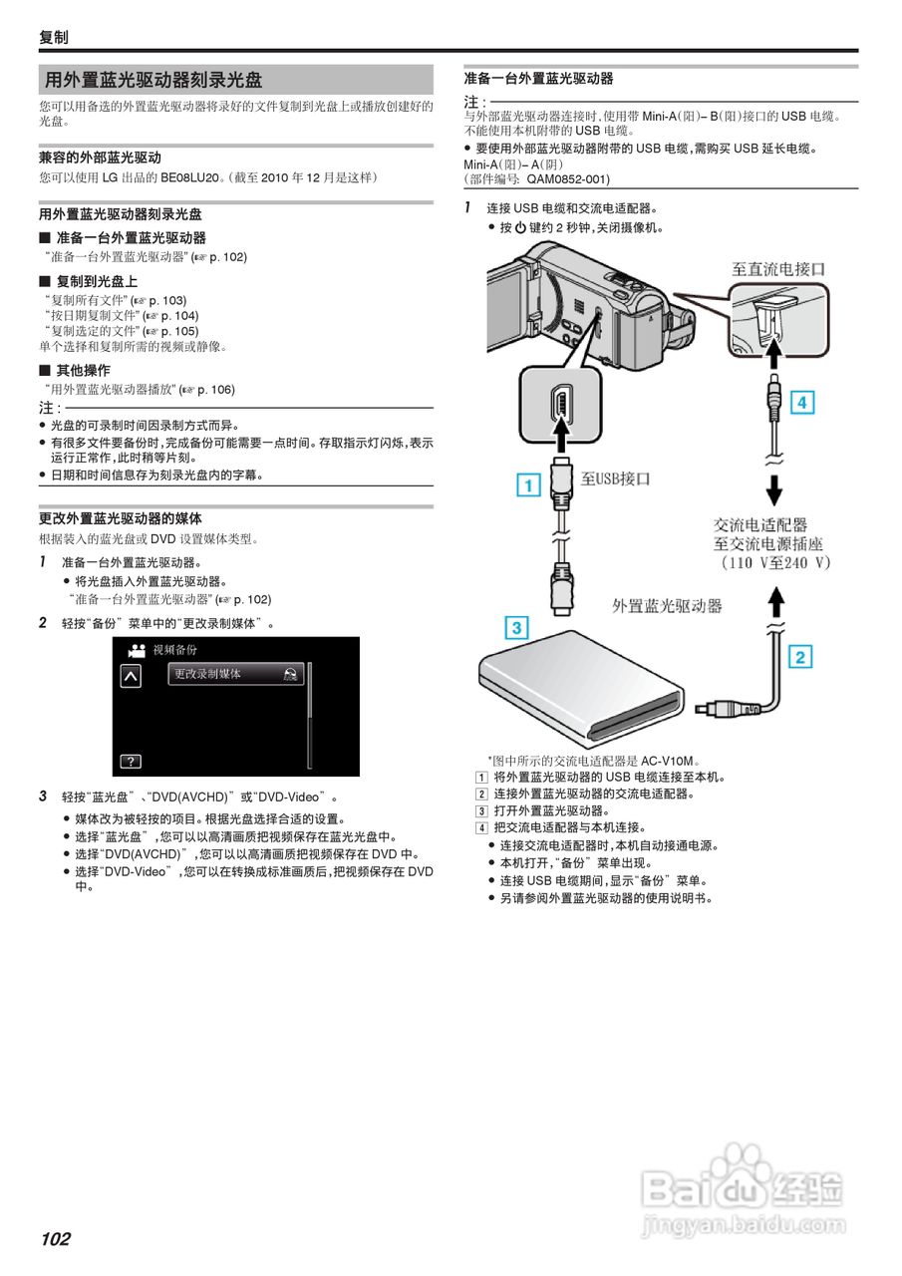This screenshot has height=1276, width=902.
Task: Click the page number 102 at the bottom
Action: [x=56, y=1239]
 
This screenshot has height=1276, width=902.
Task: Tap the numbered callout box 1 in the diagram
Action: [x=529, y=486]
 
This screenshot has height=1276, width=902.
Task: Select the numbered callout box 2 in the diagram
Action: [x=800, y=657]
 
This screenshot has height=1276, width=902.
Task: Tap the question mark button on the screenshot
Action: [x=131, y=762]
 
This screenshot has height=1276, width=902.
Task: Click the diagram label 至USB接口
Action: [x=616, y=478]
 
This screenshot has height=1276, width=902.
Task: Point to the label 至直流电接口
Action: [x=778, y=269]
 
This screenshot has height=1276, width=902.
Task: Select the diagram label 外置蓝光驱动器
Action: [x=667, y=605]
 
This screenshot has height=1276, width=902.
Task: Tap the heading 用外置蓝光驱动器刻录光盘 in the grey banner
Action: [x=153, y=80]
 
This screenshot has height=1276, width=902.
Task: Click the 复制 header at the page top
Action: [x=54, y=38]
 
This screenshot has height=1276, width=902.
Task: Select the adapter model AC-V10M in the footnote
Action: [x=670, y=760]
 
